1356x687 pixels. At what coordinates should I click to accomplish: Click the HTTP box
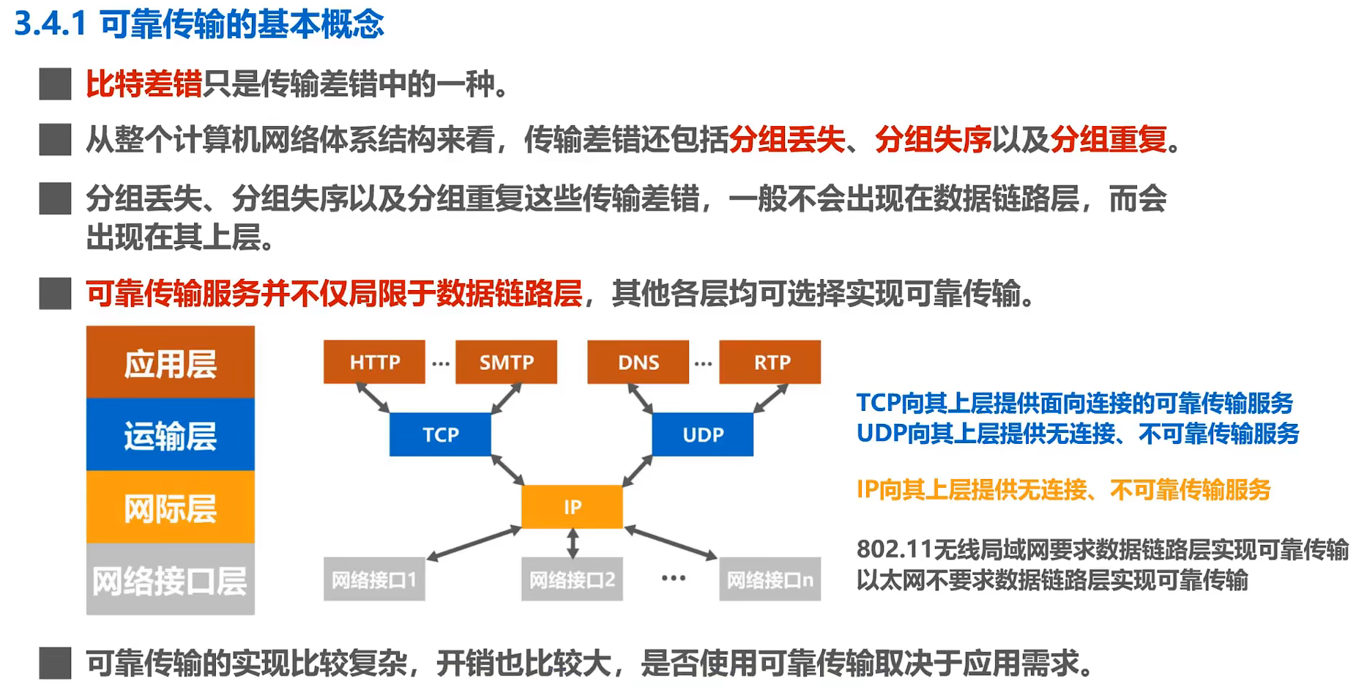(x=374, y=362)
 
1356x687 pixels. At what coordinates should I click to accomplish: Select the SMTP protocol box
(x=506, y=362)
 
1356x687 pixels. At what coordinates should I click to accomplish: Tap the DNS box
(x=638, y=362)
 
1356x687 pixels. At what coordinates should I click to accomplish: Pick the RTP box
(x=770, y=362)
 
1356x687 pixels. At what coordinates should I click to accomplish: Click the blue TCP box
(x=440, y=434)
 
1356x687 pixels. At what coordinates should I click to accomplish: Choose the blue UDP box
(x=703, y=434)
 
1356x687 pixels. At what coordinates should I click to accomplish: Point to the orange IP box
(x=572, y=506)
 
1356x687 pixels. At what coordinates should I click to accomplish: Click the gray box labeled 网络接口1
(x=374, y=579)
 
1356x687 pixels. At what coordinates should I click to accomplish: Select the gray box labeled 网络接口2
(x=572, y=579)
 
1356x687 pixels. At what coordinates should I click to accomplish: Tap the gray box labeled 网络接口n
(x=770, y=579)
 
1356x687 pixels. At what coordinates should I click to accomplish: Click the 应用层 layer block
(x=171, y=363)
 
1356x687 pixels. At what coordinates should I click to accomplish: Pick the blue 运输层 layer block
(x=171, y=434)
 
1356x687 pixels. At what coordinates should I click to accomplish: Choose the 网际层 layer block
(x=171, y=507)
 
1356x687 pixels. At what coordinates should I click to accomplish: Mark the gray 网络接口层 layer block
(x=171, y=579)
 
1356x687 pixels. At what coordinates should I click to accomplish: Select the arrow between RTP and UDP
(x=770, y=398)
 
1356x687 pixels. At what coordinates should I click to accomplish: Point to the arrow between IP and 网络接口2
(x=573, y=543)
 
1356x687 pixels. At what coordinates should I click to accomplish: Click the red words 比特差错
(x=144, y=83)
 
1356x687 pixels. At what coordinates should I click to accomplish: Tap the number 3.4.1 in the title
(x=51, y=23)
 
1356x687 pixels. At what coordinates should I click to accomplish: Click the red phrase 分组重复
(x=1109, y=138)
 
